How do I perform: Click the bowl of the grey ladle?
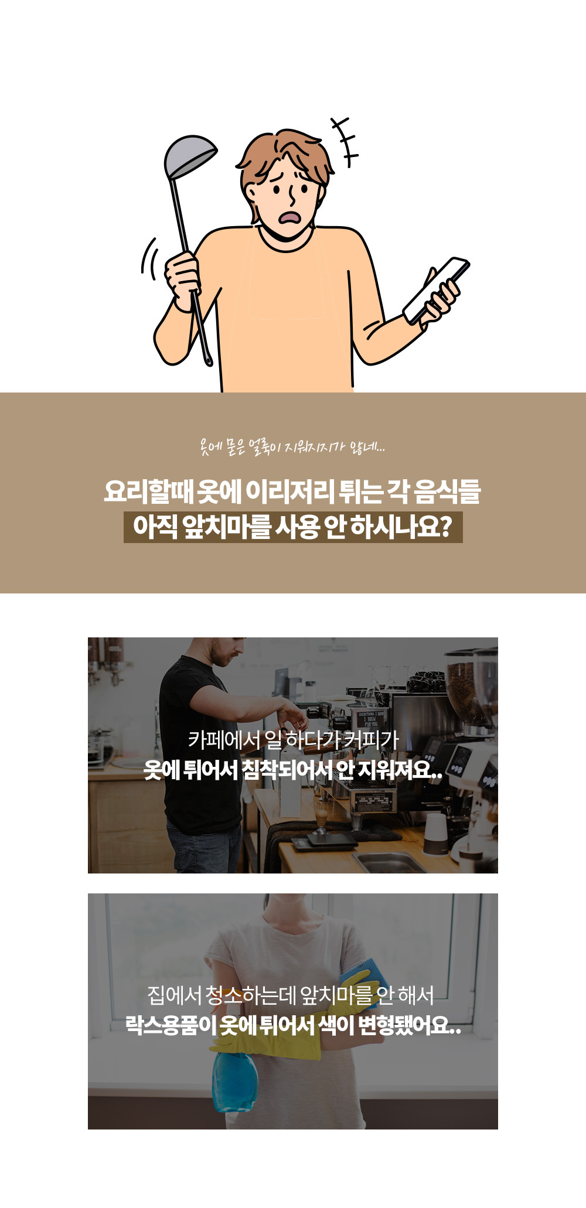(x=188, y=156)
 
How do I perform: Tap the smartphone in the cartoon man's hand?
(x=437, y=289)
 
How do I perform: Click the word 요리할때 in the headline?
(x=148, y=492)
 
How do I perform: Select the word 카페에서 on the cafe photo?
(x=224, y=740)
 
